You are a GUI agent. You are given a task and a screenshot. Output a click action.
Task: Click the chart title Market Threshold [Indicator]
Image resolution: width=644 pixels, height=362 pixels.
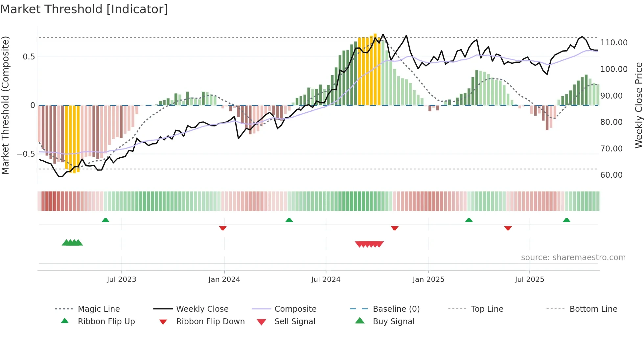(x=84, y=9)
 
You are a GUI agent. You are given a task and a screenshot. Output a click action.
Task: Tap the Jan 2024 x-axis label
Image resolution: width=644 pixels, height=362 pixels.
(x=224, y=280)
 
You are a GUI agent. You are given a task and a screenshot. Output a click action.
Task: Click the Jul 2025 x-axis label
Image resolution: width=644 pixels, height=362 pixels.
(x=529, y=280)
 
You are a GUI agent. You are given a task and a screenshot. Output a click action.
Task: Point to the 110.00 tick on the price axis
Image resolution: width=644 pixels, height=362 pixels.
(x=614, y=43)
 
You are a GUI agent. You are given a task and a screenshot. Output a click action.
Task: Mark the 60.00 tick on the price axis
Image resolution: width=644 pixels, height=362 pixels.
(x=611, y=175)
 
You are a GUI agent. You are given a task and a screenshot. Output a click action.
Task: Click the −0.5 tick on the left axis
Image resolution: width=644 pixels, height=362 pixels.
(x=26, y=154)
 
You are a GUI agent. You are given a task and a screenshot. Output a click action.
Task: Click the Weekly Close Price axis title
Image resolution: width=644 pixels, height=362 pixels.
(x=638, y=105)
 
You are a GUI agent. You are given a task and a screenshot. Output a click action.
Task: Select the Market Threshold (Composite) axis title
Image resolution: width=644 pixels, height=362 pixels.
(x=5, y=105)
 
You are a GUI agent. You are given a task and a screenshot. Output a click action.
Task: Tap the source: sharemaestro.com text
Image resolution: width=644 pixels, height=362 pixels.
(x=573, y=258)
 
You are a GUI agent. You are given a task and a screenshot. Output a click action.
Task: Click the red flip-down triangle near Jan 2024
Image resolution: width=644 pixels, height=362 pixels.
(x=223, y=228)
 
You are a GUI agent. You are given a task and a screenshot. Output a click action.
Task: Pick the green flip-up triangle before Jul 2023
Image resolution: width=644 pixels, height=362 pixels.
(x=105, y=220)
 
